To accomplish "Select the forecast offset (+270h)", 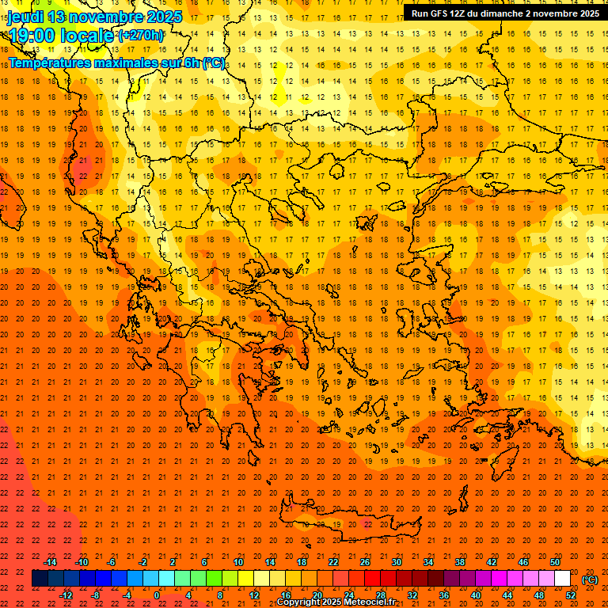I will (141, 35).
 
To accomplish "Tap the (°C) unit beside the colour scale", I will (589, 579).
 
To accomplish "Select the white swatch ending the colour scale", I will (562, 579).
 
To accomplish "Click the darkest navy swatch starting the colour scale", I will (40, 579).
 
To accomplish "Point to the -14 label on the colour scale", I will (50, 562).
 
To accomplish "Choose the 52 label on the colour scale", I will (570, 595).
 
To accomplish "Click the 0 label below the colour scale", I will (157, 595).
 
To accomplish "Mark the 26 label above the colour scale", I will (365, 562).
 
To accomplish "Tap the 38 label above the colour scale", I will (460, 562).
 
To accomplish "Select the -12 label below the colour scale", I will (66, 595).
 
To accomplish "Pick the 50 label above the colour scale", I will (555, 562).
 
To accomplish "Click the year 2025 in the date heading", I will (164, 17).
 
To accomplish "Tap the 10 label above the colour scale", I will (237, 562).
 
